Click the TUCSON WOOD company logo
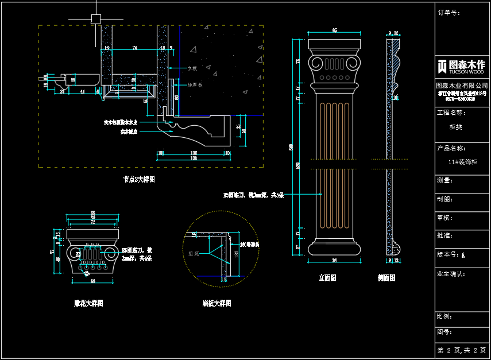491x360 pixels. [x=461, y=66]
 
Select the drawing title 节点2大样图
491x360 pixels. [x=139, y=179]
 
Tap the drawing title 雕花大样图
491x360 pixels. [x=88, y=303]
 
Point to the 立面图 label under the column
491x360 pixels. [x=327, y=278]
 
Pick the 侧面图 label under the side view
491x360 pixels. [x=386, y=278]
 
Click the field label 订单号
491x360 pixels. [x=449, y=12]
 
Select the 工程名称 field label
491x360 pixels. [x=451, y=113]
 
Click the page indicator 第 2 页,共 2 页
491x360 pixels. [x=462, y=350]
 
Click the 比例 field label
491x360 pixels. [x=445, y=316]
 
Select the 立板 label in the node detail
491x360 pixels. [x=192, y=68]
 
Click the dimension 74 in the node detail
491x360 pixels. [x=134, y=48]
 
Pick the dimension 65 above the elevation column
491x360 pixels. [x=334, y=30]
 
